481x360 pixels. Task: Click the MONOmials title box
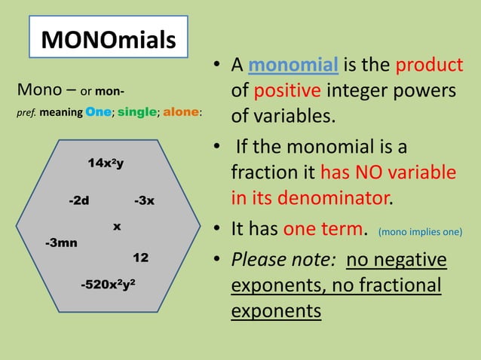pos(109,39)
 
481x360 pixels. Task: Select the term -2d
pos(78,200)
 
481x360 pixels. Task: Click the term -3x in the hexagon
pos(144,200)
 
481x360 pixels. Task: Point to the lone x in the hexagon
pos(117,225)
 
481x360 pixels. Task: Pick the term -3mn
pos(61,243)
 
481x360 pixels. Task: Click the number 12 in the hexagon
pos(140,258)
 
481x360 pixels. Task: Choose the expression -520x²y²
pos(108,285)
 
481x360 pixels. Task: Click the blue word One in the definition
pos(99,112)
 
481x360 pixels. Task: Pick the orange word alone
pos(181,112)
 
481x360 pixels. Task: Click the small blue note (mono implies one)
pos(421,232)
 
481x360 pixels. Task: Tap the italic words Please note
pos(283,260)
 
